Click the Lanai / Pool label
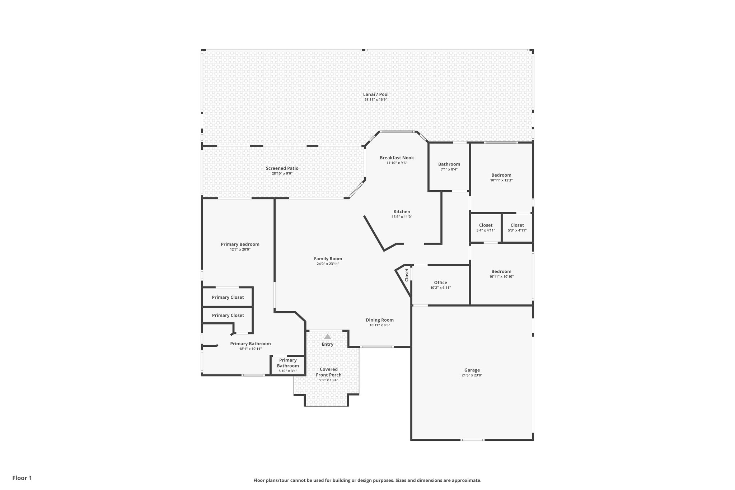[375, 94]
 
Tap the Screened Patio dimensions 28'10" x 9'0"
[282, 173]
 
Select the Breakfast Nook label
[397, 158]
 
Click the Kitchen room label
[402, 211]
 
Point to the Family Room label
[328, 258]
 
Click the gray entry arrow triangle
[327, 337]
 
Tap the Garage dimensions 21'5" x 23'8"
[472, 375]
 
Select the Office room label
[440, 283]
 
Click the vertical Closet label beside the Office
[407, 275]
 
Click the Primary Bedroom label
[240, 244]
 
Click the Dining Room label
[379, 320]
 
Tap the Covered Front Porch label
[328, 372]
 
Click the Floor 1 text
[22, 478]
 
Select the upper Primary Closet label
[228, 297]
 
